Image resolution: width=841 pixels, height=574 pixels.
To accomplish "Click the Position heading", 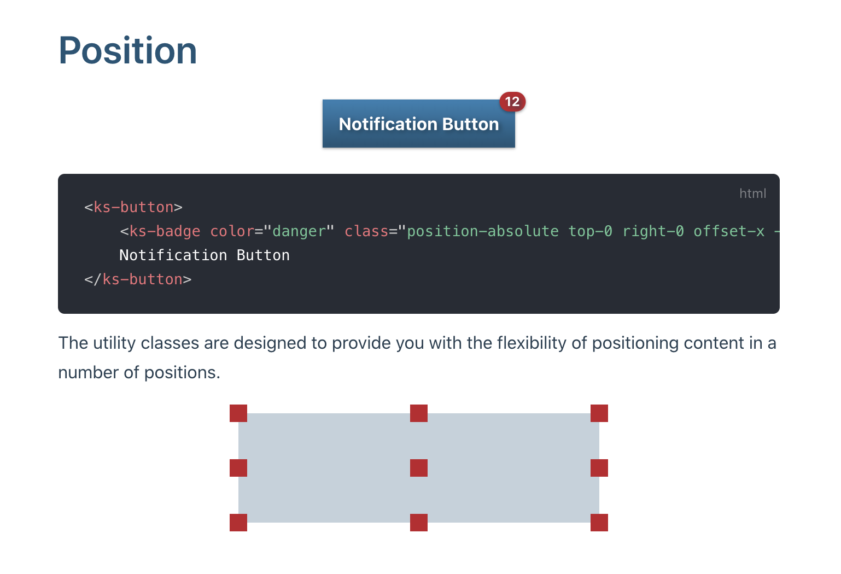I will (x=127, y=50).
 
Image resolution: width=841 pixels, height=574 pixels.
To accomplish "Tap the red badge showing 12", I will (x=512, y=102).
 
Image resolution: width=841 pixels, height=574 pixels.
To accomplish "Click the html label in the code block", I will (x=752, y=194).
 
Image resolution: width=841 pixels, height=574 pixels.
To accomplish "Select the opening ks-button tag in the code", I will (x=133, y=207).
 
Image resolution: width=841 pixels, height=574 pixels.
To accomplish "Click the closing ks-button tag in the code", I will (x=138, y=279).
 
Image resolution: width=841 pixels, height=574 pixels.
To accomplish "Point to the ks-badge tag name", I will (x=165, y=231).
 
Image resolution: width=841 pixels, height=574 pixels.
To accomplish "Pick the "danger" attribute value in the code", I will (x=299, y=231).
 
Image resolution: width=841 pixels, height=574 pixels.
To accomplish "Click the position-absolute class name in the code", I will (x=482, y=231).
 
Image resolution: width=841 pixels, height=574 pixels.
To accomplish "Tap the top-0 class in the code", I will (x=590, y=231).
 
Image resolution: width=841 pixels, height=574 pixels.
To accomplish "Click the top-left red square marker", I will (x=238, y=413).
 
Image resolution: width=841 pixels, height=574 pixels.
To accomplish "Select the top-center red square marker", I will (x=419, y=413).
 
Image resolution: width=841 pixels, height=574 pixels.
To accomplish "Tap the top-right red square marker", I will (x=599, y=413).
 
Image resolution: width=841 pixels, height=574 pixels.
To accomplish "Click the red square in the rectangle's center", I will (x=419, y=468).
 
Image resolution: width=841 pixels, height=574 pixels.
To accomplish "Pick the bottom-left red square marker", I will (x=238, y=523).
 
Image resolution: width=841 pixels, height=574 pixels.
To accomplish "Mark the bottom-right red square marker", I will (x=599, y=523).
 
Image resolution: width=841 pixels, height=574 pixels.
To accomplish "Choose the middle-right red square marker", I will (x=599, y=468).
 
